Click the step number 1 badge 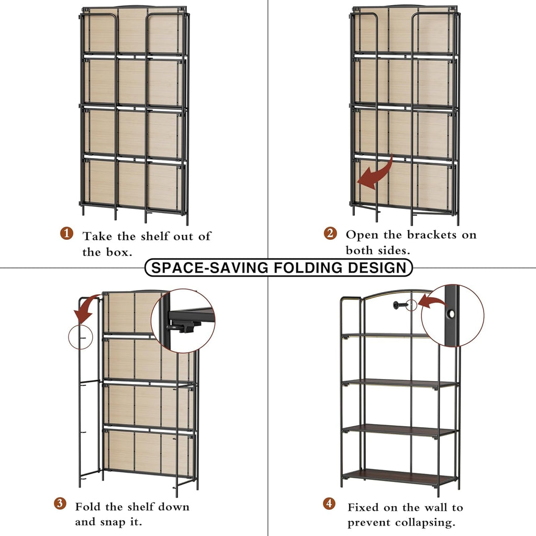[x=66, y=233]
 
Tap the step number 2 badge [x=330, y=233]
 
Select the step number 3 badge [x=60, y=504]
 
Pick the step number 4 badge [x=329, y=504]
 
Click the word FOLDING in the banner [x=300, y=267]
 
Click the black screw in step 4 [x=400, y=304]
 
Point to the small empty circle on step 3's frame [x=80, y=338]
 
